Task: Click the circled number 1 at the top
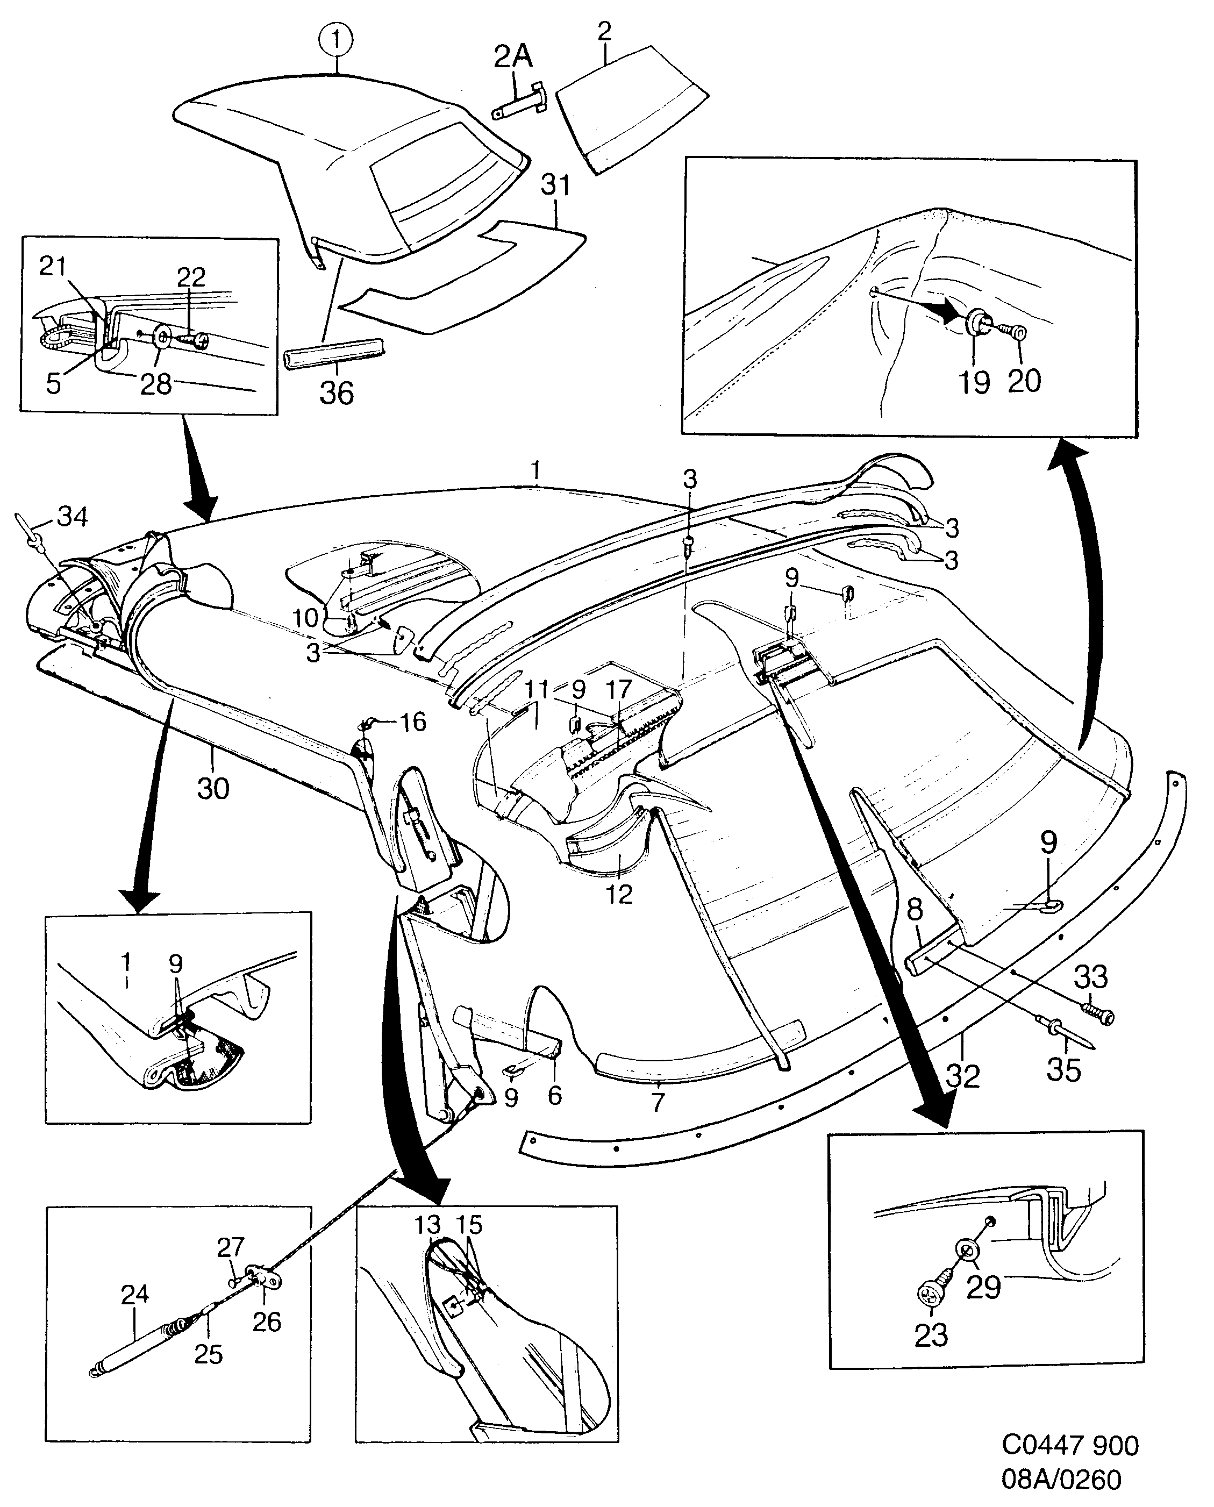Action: pyautogui.click(x=337, y=40)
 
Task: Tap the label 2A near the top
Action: pyautogui.click(x=513, y=56)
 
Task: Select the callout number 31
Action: pyautogui.click(x=556, y=185)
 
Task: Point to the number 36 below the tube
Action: pyautogui.click(x=337, y=394)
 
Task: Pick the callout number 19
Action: pyautogui.click(x=974, y=382)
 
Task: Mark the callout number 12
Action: pyautogui.click(x=619, y=894)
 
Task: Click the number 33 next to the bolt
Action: pyautogui.click(x=1090, y=977)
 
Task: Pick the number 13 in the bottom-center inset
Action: pyautogui.click(x=427, y=1225)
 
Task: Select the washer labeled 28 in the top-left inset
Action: pyautogui.click(x=161, y=339)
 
